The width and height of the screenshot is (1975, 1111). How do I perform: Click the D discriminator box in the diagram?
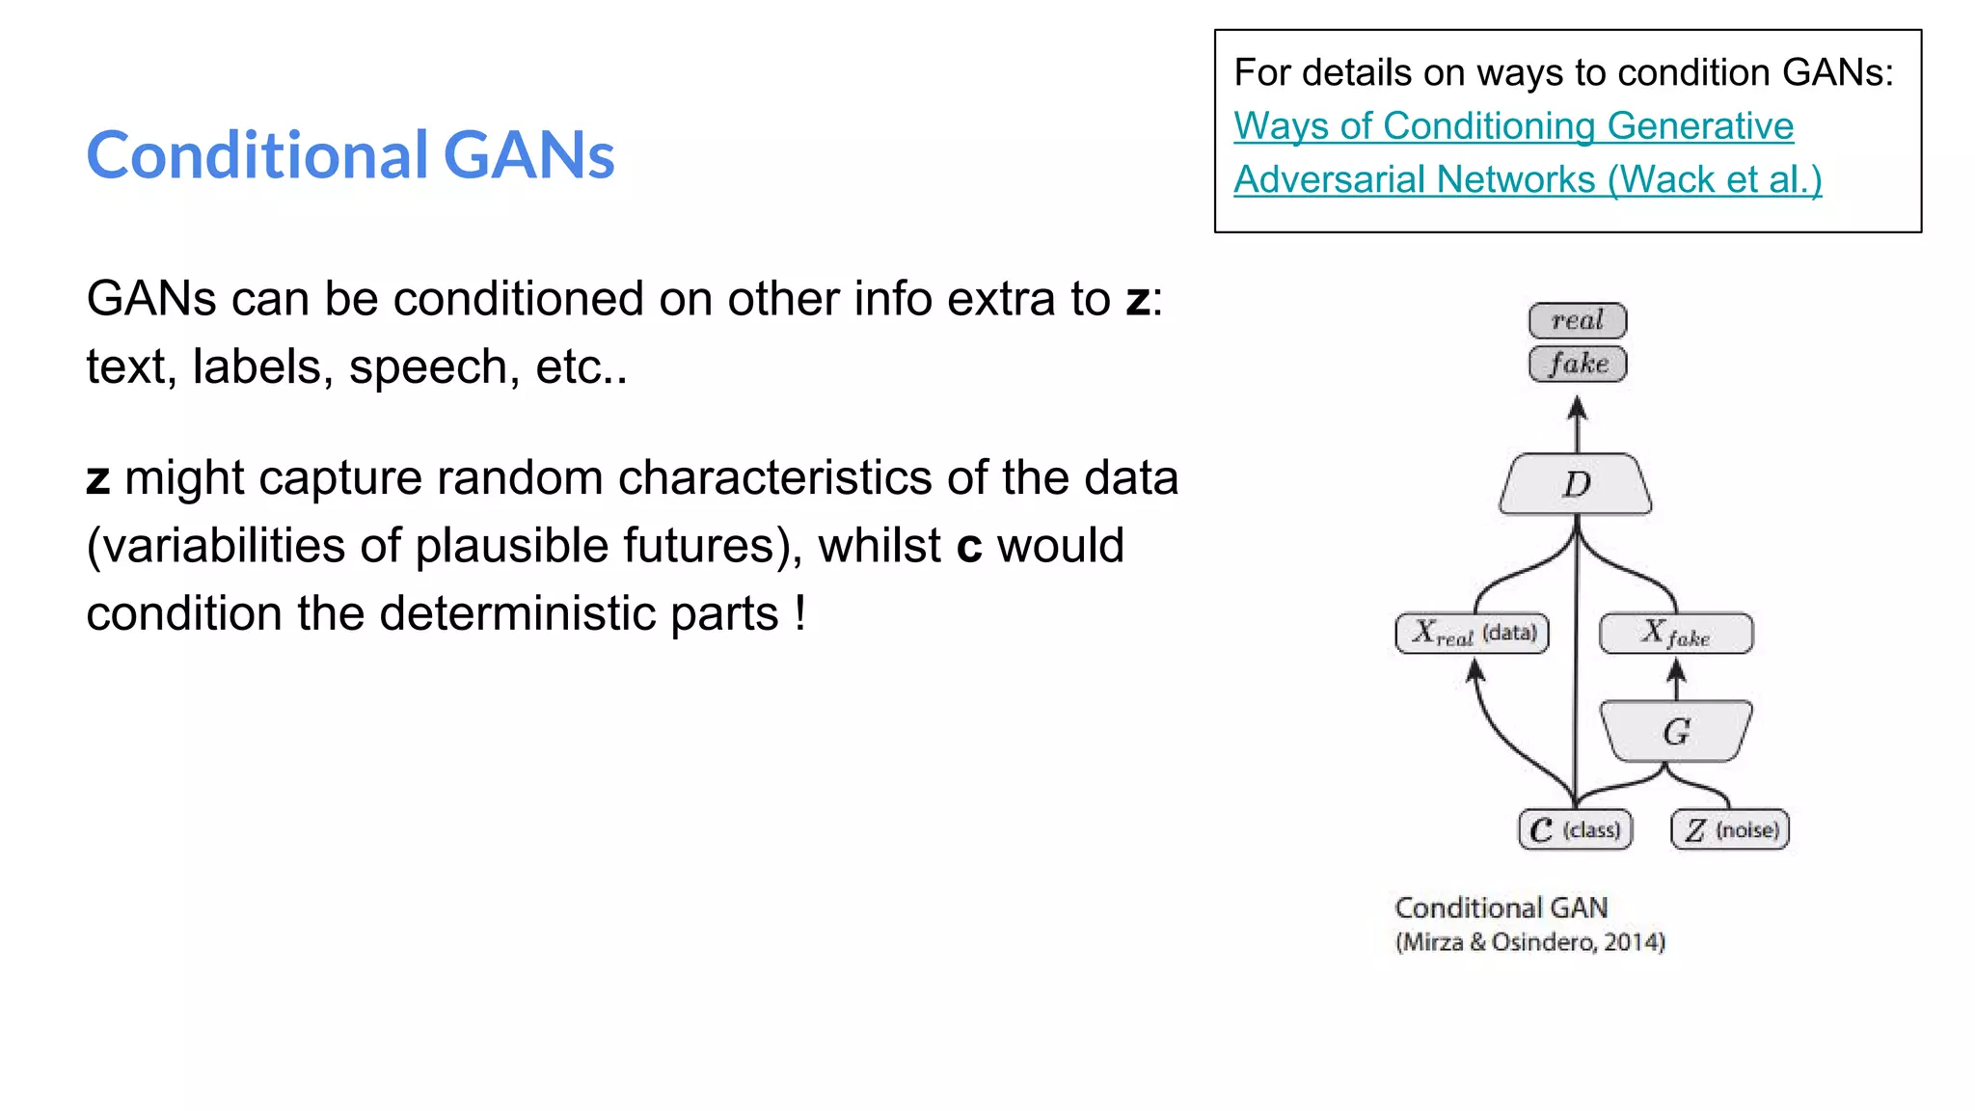pos(1576,484)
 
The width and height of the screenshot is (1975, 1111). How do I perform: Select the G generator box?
pos(1676,731)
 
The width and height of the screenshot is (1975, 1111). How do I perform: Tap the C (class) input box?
pos(1576,829)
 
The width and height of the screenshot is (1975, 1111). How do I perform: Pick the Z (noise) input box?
pos(1730,829)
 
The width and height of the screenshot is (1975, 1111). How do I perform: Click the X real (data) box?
pos(1473,634)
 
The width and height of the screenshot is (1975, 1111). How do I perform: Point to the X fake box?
pos(1676,634)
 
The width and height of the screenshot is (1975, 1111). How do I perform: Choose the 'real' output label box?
pos(1578,320)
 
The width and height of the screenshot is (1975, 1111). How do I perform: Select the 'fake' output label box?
pos(1578,364)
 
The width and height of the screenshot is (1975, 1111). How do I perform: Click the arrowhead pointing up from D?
pos(1578,409)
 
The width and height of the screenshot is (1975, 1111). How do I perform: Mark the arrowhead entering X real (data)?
pos(1474,669)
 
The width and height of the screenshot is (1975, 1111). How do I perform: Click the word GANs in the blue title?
pos(528,155)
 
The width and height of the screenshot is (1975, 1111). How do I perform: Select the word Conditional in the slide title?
pos(257,155)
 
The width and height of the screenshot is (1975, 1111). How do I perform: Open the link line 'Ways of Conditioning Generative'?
pos(1513,126)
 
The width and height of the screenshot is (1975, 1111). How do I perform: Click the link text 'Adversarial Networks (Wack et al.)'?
pos(1528,180)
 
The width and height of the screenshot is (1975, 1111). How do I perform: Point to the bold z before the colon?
pos(1138,300)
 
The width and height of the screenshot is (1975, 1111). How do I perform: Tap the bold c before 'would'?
pos(968,547)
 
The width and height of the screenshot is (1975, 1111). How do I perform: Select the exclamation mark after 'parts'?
pos(800,613)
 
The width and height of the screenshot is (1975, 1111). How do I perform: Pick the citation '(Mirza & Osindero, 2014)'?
pos(1529,942)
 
